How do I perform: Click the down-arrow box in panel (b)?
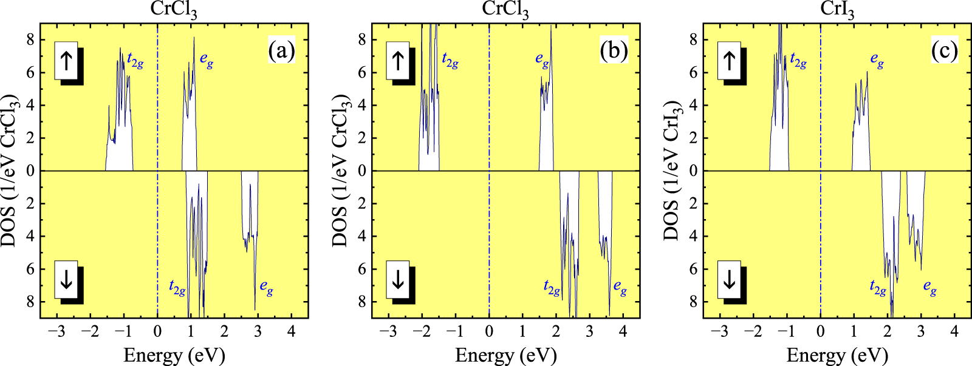pyautogui.click(x=398, y=280)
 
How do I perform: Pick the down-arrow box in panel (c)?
pyautogui.click(x=730, y=280)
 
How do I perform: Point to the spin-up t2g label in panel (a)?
pyautogui.click(x=135, y=60)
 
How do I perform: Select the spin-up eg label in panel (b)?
pyautogui.click(x=542, y=59)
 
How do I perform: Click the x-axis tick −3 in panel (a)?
pyautogui.click(x=56, y=331)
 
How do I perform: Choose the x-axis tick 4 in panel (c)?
pyautogui.click(x=954, y=331)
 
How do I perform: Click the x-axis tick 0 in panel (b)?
pyautogui.click(x=489, y=331)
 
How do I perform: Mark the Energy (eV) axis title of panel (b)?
pyautogui.click(x=505, y=355)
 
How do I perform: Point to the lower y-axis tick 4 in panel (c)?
pyautogui.click(x=693, y=236)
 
